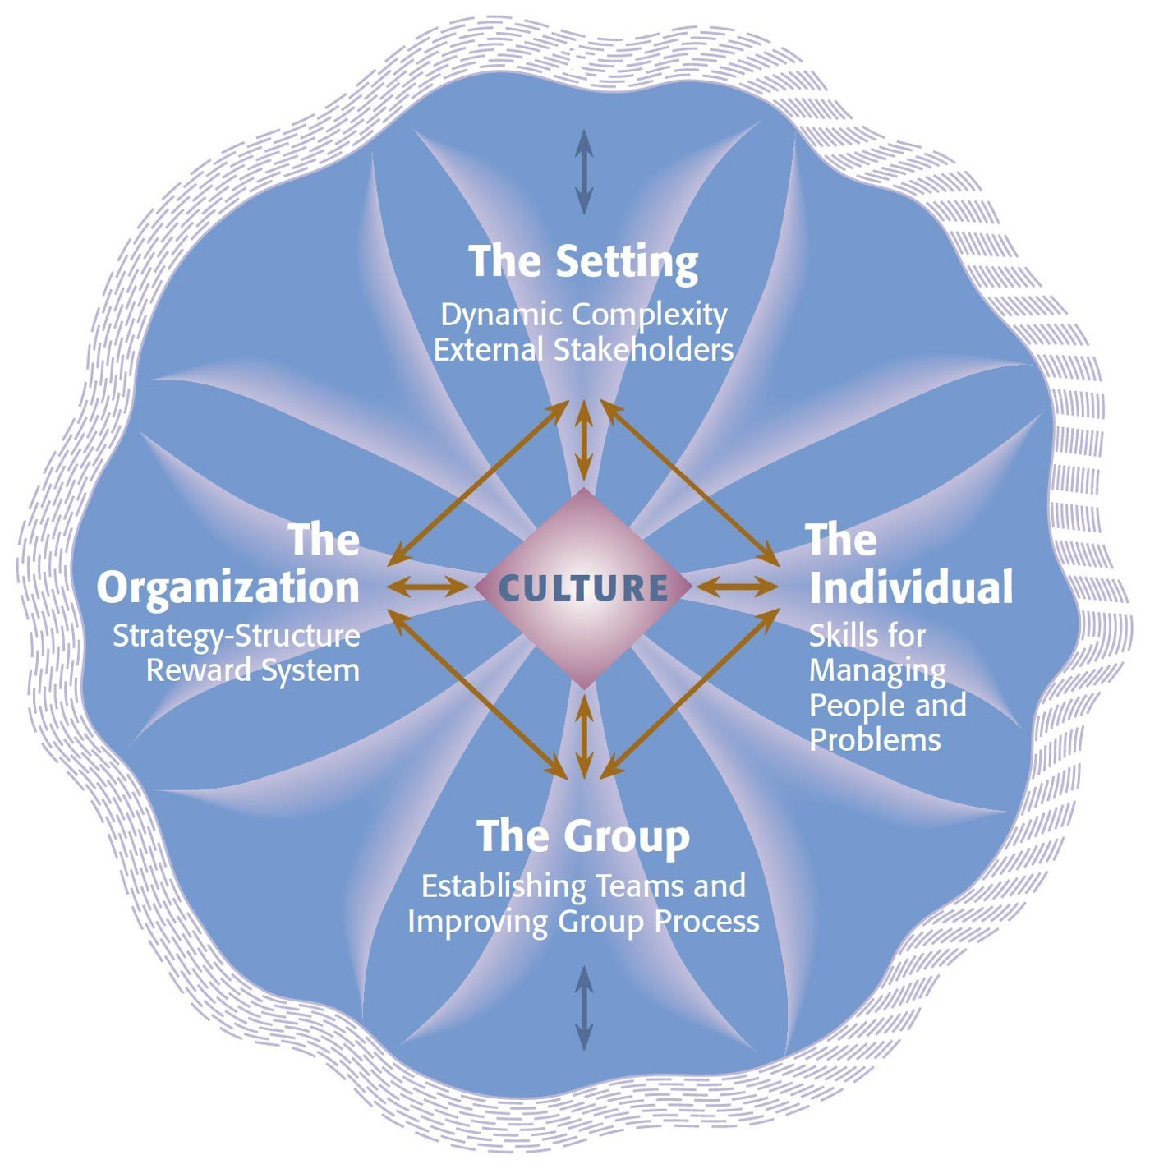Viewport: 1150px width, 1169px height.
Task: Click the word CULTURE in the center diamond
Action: point(583,587)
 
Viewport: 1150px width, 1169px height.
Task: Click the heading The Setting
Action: point(583,261)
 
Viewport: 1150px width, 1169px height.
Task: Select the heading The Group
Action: point(583,836)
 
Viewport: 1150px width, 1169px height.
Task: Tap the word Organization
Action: point(228,587)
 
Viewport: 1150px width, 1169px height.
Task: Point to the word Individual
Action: point(910,587)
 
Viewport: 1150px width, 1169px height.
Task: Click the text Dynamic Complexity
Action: point(583,315)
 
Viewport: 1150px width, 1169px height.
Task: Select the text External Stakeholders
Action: point(583,351)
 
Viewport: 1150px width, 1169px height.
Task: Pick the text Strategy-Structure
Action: point(237,636)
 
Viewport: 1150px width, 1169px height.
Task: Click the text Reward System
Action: point(253,670)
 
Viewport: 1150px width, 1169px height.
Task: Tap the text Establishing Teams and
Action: point(583,886)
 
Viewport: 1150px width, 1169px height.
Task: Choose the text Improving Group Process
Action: point(583,922)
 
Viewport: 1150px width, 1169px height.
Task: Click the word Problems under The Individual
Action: point(875,739)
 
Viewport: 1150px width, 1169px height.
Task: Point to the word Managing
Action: point(877,670)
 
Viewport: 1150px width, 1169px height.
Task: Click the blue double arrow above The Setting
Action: point(583,172)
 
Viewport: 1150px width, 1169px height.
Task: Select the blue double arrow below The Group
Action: point(583,1008)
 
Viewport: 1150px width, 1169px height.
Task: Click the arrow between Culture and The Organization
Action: point(429,587)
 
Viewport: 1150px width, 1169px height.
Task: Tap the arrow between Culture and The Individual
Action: point(738,587)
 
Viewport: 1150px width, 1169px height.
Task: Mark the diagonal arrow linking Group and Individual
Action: point(690,693)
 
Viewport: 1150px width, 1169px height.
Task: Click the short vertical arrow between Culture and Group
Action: point(583,735)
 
